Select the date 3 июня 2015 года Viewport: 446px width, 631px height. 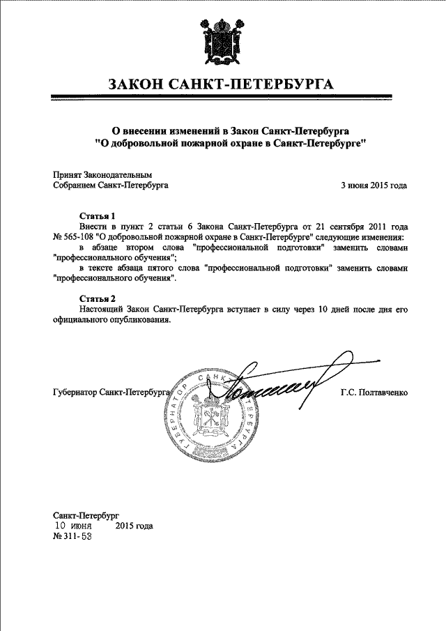coord(373,185)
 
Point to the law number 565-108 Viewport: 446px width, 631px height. coord(84,237)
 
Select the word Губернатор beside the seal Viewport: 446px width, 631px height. coord(75,393)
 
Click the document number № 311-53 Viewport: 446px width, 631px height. coord(72,537)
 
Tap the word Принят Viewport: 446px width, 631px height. coord(68,175)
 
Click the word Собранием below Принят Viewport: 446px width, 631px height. coord(75,185)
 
